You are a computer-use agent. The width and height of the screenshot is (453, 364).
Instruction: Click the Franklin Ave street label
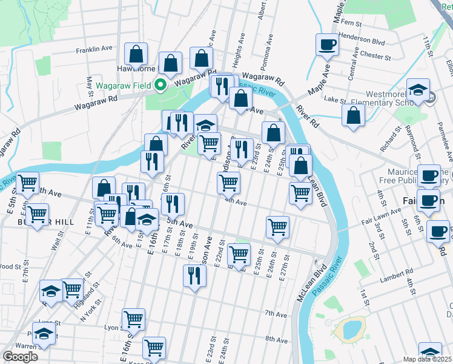tap(94, 49)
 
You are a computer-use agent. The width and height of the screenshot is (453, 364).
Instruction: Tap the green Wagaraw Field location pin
tap(160, 85)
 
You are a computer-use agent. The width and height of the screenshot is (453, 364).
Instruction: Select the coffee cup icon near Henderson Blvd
tap(328, 44)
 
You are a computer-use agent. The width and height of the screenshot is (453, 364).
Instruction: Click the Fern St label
tap(351, 22)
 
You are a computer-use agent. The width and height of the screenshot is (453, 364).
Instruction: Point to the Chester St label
tap(375, 55)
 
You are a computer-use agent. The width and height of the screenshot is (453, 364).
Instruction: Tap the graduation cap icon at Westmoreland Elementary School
tap(418, 90)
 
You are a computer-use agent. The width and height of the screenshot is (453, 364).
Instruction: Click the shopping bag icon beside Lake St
tap(353, 115)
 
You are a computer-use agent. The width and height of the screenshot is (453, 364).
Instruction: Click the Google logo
tap(20, 356)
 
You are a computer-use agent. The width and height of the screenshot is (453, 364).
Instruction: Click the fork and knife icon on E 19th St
tap(194, 276)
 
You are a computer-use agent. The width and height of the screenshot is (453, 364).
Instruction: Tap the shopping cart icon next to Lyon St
tap(133, 318)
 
